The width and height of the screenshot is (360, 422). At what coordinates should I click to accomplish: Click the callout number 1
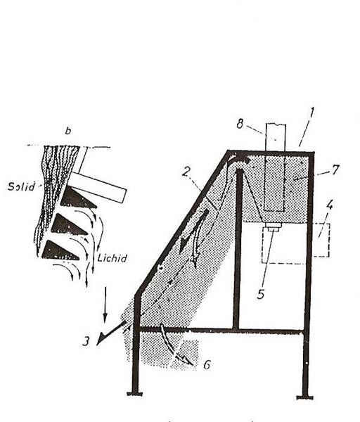click(x=311, y=113)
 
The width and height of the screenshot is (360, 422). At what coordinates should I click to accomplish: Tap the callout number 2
click(x=186, y=172)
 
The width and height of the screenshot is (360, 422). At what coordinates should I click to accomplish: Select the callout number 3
click(x=86, y=341)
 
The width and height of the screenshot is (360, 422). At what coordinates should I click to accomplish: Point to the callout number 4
click(x=330, y=205)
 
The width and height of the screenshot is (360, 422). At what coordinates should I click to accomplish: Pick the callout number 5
click(x=260, y=294)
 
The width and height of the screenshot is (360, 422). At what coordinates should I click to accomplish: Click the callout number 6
click(x=207, y=365)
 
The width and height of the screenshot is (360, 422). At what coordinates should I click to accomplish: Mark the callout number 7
click(x=335, y=170)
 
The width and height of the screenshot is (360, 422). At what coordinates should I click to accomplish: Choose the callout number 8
click(x=240, y=124)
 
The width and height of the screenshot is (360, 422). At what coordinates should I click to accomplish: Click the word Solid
click(x=21, y=186)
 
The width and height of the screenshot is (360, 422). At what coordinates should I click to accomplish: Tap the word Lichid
click(x=112, y=258)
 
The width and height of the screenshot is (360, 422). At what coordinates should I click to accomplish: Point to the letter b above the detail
click(x=68, y=131)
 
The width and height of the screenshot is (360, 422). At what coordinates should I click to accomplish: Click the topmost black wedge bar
click(x=77, y=198)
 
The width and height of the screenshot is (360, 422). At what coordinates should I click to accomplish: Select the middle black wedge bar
click(x=68, y=225)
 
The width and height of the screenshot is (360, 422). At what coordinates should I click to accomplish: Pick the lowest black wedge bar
click(x=60, y=251)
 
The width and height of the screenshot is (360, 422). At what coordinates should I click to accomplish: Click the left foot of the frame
click(x=135, y=394)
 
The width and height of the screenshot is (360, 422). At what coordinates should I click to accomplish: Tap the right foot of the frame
click(x=305, y=397)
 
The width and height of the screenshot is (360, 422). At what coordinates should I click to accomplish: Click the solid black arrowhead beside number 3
click(x=101, y=340)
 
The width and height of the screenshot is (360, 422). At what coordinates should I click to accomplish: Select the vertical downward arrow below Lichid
click(x=105, y=305)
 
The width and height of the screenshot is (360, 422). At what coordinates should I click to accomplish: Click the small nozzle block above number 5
click(x=274, y=226)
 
